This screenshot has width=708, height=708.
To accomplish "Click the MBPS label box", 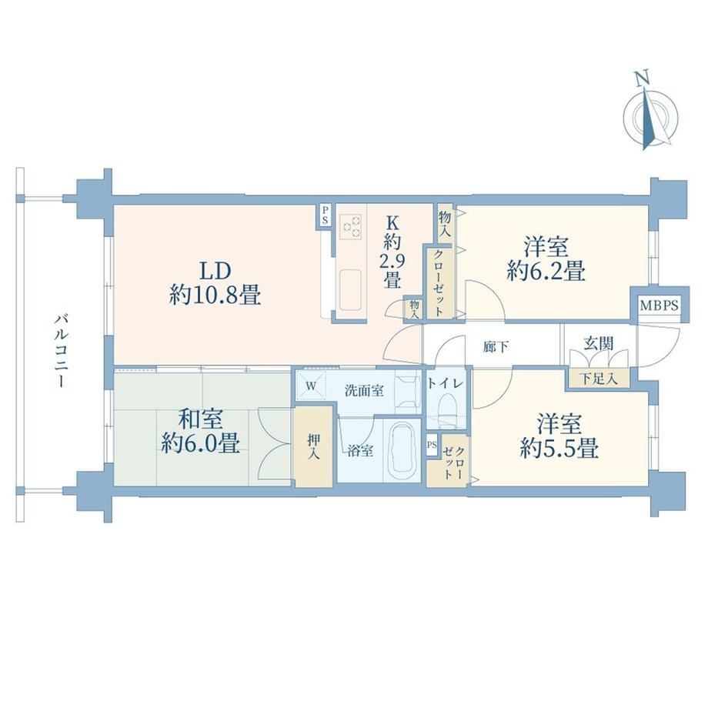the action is (660, 306).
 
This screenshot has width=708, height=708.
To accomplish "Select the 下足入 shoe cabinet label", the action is (598, 379).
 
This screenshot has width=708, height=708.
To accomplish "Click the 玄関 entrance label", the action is (599, 344).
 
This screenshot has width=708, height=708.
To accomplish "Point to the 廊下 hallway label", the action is (496, 347).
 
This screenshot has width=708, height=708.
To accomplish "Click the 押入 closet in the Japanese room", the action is (313, 446).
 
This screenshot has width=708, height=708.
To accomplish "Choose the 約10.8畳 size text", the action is (215, 296).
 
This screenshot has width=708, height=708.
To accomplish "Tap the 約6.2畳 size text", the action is (546, 272).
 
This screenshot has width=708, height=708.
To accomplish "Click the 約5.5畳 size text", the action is (559, 448).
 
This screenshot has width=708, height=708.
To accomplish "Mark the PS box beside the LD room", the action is (325, 215).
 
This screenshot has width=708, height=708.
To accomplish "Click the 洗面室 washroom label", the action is (364, 390).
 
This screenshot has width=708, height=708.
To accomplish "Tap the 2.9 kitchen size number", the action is (392, 261).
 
